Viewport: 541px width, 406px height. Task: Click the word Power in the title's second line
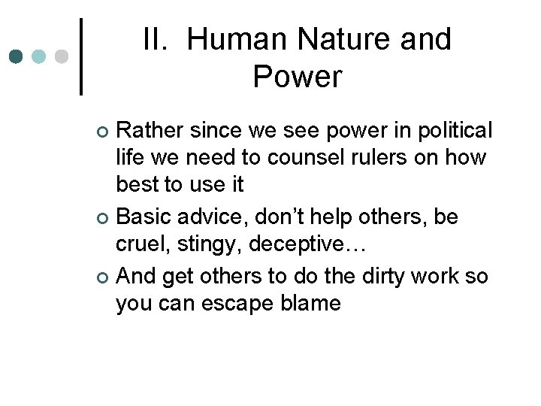tap(298, 76)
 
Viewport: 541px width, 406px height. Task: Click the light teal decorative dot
tap(39, 57)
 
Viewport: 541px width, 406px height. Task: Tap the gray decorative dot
tap(62, 57)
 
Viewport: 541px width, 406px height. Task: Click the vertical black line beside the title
tap(81, 56)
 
